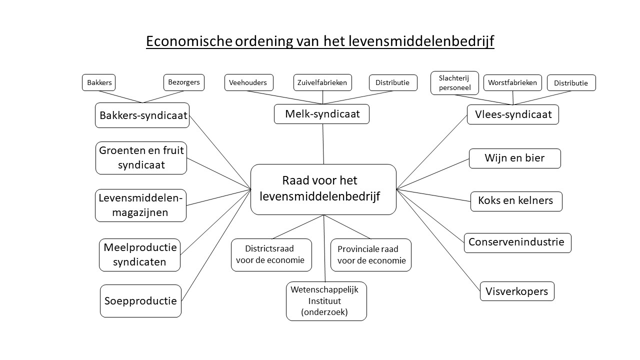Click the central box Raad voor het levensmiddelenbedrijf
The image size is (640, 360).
pyautogui.click(x=323, y=189)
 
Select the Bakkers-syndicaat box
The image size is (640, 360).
pyautogui.click(x=142, y=115)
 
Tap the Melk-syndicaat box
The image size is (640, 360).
pyautogui.click(x=321, y=114)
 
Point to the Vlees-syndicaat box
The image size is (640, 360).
pyautogui.click(x=513, y=114)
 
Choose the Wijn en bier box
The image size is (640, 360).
pyautogui.click(x=515, y=158)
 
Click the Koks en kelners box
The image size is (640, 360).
pyautogui.click(x=516, y=201)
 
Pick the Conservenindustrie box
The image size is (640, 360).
pyautogui.click(x=517, y=243)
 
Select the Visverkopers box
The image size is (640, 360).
pyautogui.click(x=517, y=291)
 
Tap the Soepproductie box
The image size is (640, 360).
pyautogui.click(x=141, y=301)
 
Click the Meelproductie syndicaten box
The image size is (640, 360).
pyautogui.click(x=139, y=255)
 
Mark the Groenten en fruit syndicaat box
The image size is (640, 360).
pyautogui.click(x=141, y=158)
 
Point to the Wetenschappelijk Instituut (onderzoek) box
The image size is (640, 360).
pyautogui.click(x=326, y=301)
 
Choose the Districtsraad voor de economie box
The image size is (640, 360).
pyautogui.click(x=271, y=255)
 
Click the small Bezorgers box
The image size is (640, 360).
pyautogui.click(x=184, y=82)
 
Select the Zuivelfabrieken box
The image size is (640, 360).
pyautogui.click(x=322, y=82)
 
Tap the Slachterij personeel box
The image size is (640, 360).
pyautogui.click(x=454, y=83)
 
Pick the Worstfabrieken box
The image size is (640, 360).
pyautogui.click(x=512, y=83)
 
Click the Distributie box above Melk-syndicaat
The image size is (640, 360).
pyautogui.click(x=393, y=83)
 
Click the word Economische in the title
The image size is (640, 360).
pyautogui.click(x=189, y=41)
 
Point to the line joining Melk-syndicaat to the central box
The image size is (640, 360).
pyautogui.click(x=323, y=144)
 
